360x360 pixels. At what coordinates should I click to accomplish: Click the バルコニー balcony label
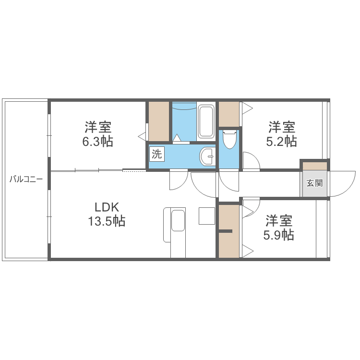coord(26,179)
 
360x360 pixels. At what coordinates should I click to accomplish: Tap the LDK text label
coord(107,207)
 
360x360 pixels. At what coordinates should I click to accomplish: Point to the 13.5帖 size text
coord(107,221)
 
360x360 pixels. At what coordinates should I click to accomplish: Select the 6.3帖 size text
coord(98,142)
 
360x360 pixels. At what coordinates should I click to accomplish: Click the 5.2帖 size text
coord(281,142)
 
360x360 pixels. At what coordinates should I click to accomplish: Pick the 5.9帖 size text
coord(279,235)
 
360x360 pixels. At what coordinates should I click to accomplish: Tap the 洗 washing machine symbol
coord(157,154)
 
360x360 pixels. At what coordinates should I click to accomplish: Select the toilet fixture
coord(230,139)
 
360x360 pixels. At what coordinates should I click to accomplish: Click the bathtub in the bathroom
coord(206,122)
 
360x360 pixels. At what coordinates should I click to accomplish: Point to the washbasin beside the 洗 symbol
coord(207,156)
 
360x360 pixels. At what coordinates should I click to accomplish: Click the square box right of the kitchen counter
coord(207,216)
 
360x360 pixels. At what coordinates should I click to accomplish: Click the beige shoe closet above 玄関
coord(315,166)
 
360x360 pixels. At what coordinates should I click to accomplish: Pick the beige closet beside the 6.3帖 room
coord(159,121)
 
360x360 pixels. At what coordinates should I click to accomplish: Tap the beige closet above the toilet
coord(229,114)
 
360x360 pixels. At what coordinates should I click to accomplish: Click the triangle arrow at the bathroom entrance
coord(177,138)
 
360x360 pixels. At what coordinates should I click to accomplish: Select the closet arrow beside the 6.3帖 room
coord(142,136)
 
